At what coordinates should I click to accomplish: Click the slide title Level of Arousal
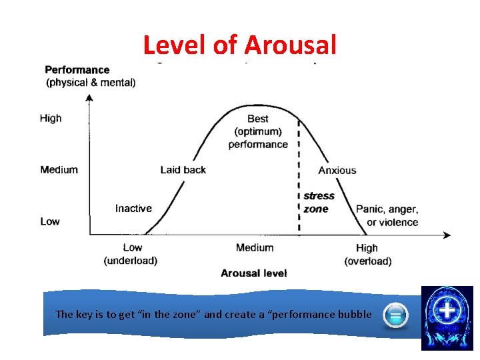point(239,45)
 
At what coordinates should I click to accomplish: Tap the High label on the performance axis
point(51,118)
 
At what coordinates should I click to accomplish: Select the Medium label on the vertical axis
point(59,169)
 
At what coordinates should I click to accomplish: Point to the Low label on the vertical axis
point(49,221)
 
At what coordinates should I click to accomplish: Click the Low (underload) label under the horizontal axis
point(131,254)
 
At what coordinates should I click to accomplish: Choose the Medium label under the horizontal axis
point(255,247)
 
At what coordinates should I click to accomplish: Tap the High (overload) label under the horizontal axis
point(367,254)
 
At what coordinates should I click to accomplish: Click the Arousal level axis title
point(254,273)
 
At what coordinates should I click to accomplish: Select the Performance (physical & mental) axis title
point(89,76)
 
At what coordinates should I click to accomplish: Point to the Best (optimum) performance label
point(258,131)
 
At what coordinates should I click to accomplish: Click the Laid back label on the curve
point(183,169)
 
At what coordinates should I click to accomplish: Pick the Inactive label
point(133,208)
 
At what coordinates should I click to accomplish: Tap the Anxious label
point(337,170)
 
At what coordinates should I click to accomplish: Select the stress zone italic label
point(319,202)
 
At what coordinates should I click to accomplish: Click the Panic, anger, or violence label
point(387,215)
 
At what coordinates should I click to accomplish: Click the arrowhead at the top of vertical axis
point(89,98)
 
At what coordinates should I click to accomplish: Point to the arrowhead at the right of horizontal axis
point(446,235)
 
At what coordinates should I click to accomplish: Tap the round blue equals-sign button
point(395,315)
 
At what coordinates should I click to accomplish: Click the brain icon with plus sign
point(447,317)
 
